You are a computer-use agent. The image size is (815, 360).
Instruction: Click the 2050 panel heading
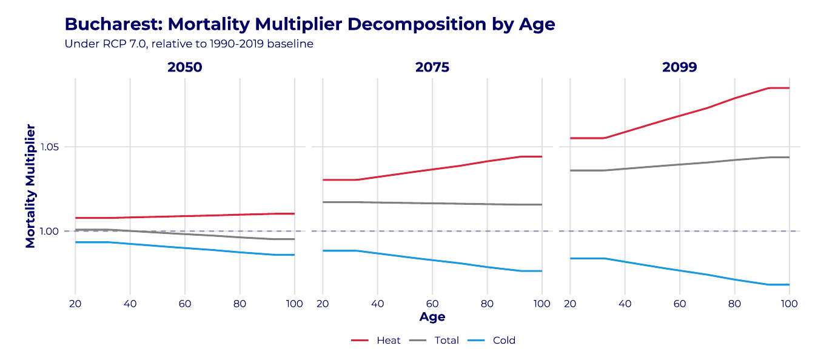[x=185, y=67]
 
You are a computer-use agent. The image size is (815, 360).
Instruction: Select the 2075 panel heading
[x=432, y=67]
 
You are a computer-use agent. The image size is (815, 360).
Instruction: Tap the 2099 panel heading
[x=680, y=67]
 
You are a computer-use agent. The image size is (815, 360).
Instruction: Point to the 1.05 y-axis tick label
[x=49, y=147]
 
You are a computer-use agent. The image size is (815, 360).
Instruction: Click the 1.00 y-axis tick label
[x=49, y=232]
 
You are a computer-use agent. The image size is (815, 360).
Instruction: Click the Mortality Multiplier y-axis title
[x=30, y=186]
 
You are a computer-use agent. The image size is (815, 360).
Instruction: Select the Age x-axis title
[x=432, y=317]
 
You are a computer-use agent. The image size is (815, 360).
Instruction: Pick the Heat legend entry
[x=376, y=341]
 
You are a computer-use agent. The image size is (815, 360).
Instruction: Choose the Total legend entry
[x=434, y=341]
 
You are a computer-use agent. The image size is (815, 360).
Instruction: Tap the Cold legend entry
[x=492, y=341]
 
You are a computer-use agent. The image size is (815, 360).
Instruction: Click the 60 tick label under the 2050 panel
[x=185, y=304]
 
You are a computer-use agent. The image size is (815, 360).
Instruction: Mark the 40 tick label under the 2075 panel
[x=378, y=304]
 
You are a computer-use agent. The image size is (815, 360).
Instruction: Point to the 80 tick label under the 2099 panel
[x=734, y=304]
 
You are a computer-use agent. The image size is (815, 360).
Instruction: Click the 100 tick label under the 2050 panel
[x=294, y=304]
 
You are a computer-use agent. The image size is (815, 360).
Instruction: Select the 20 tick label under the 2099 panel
[x=570, y=304]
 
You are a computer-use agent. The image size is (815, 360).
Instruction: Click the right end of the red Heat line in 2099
[x=789, y=88]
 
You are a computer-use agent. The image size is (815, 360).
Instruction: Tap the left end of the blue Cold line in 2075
[x=323, y=250]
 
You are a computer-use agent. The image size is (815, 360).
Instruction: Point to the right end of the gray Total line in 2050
[x=294, y=239]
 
